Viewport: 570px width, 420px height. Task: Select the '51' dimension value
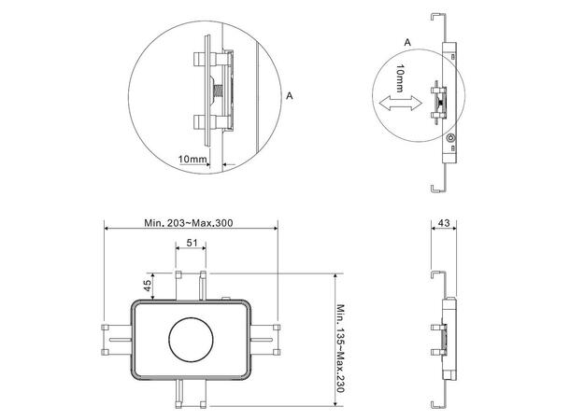(190, 244)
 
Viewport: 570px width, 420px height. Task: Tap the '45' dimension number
(147, 286)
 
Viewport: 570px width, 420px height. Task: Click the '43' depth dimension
(444, 223)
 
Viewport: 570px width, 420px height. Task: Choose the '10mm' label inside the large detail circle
(192, 160)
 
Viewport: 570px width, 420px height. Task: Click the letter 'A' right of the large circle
(291, 95)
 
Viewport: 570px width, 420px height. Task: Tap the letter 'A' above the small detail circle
(405, 43)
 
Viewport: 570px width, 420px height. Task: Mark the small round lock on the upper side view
(452, 138)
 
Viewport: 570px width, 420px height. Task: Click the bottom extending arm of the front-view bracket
(190, 392)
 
